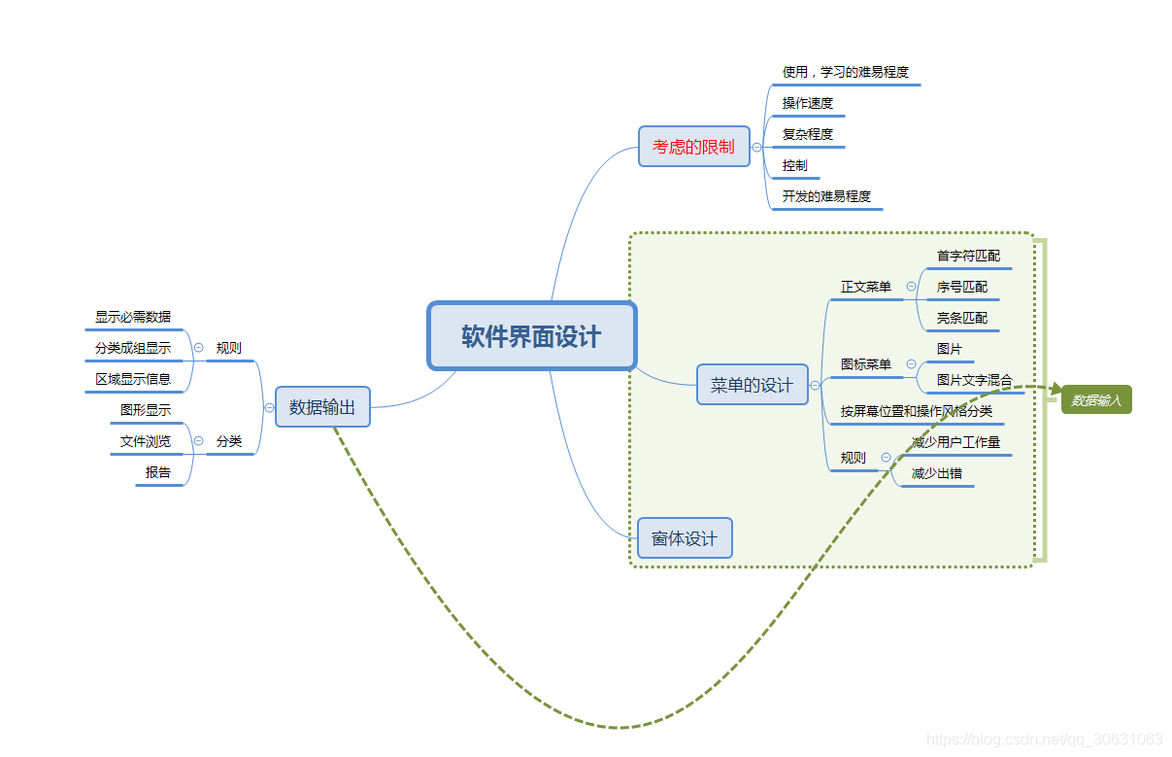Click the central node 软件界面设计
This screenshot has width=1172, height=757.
pos(532,336)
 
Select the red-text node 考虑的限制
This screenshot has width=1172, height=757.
pos(693,147)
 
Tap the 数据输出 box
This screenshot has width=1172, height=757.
pos(322,407)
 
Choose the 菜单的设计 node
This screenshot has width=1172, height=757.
pos(752,385)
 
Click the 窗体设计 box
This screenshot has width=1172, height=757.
pos(684,538)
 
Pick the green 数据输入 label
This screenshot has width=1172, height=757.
pos(1096,399)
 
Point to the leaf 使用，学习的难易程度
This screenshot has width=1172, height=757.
pos(846,72)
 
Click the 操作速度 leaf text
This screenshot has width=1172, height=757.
pos(808,103)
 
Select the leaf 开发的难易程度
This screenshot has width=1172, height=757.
pos(826,196)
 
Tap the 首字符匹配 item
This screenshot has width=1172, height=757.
pos(968,257)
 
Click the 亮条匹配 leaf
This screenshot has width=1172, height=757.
pos(962,318)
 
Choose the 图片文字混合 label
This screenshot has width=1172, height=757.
pos(974,380)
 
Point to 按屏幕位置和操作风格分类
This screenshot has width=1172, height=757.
pos(917,411)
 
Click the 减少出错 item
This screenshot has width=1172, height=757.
pos(937,474)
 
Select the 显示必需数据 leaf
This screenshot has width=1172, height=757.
pos(133,317)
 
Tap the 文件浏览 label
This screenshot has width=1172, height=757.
pos(146,441)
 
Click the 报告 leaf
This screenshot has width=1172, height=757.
pos(158,473)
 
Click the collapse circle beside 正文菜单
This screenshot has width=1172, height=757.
pos(911,287)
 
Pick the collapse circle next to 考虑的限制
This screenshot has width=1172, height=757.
pos(757,148)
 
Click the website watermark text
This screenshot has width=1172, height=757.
pos(1045,740)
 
